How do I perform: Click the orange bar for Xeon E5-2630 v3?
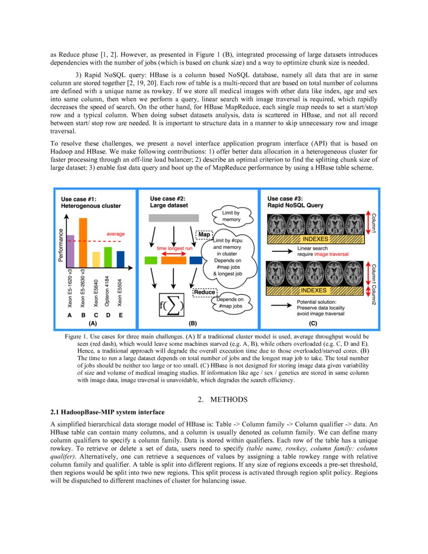83,242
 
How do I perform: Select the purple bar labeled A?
70,250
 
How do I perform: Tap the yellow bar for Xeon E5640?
96,259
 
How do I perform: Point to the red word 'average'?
115,234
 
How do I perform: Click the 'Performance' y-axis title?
61,245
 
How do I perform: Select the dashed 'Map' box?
204,235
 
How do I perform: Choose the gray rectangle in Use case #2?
174,218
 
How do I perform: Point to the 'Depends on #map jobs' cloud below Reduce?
231,303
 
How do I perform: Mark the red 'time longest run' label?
174,248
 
